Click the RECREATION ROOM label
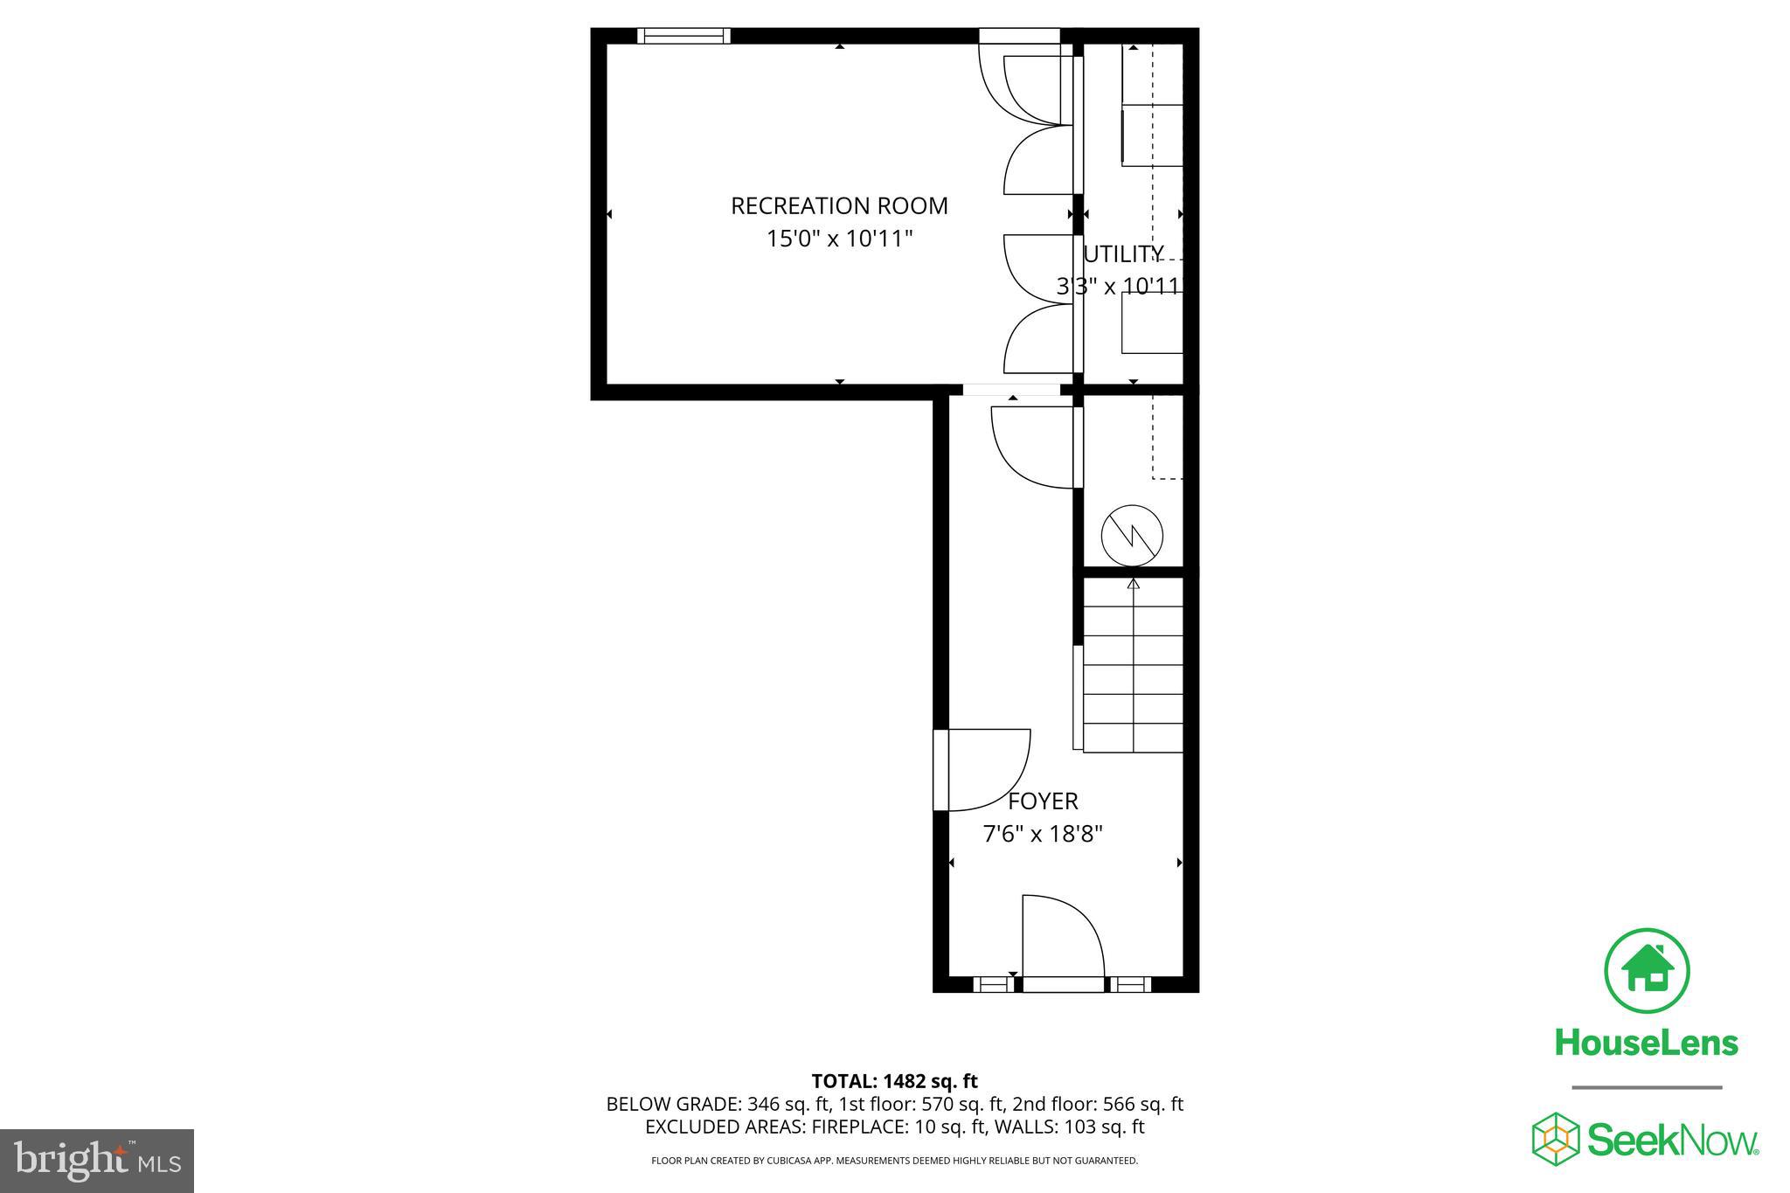[839, 206]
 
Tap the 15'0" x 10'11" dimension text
[839, 239]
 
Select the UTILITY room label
[1123, 254]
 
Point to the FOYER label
[1043, 801]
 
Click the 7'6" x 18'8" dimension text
[1043, 835]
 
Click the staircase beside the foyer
[1133, 669]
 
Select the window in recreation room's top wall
[683, 36]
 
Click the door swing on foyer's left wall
[983, 769]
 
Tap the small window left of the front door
[992, 985]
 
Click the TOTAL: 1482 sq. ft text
[894, 1082]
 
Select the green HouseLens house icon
[1647, 971]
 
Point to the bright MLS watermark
[97, 1161]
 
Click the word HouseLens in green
[1647, 1044]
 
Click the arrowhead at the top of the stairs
[1134, 583]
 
